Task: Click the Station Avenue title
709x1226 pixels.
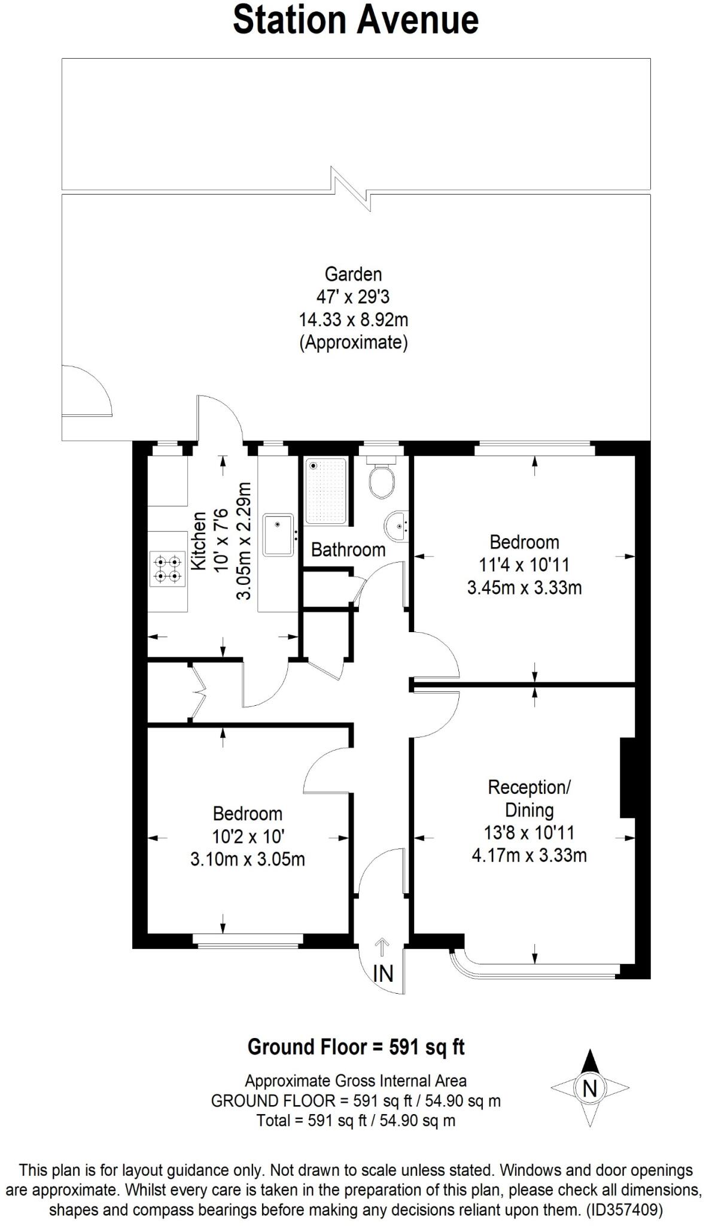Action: [x=355, y=20]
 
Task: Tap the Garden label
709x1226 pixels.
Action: [x=353, y=274]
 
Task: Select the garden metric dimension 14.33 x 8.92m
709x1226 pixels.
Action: [x=353, y=320]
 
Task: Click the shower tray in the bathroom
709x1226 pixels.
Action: [x=325, y=490]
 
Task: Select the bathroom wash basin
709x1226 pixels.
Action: [x=395, y=525]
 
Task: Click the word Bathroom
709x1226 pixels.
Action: [x=348, y=550]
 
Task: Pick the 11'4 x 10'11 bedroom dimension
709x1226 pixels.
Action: [x=524, y=565]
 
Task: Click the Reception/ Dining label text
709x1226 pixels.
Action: [x=529, y=798]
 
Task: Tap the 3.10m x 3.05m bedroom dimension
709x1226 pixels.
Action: [x=247, y=860]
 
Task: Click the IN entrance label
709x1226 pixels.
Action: [x=383, y=974]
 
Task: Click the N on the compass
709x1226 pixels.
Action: [x=590, y=1088]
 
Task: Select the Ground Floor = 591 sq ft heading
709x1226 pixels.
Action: [x=356, y=1047]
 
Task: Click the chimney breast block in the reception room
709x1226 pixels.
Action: [x=627, y=778]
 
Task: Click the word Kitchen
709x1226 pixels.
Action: [x=199, y=541]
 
